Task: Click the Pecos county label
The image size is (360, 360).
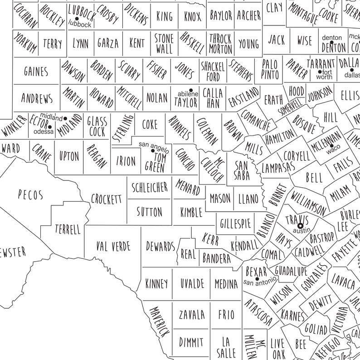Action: click(30, 195)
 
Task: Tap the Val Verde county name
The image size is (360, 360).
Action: click(113, 247)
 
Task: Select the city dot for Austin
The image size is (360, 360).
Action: click(300, 225)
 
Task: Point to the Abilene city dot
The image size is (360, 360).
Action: click(191, 89)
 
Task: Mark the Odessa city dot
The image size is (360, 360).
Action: click(49, 126)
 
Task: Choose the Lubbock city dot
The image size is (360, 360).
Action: click(77, 19)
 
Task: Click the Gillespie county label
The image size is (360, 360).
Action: click(235, 224)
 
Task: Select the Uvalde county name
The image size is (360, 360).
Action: click(192, 284)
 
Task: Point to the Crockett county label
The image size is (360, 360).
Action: click(107, 199)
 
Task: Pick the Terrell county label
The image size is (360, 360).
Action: click(67, 229)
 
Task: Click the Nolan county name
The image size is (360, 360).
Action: click(157, 97)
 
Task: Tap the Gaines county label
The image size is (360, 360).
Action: click(36, 71)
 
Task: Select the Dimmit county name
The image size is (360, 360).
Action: click(191, 341)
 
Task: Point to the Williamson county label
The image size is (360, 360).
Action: click(308, 203)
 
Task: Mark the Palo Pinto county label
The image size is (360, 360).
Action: click(270, 69)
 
